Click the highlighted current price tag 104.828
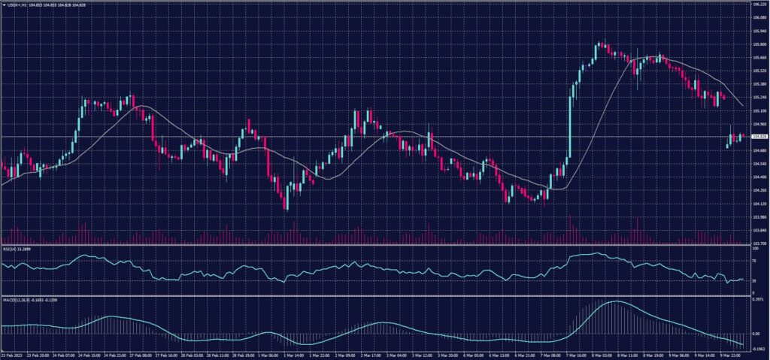tap(758, 137)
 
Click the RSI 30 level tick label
tap(754, 280)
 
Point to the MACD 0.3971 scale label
tap(757, 300)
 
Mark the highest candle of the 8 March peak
tap(603, 44)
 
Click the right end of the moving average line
tap(743, 105)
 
